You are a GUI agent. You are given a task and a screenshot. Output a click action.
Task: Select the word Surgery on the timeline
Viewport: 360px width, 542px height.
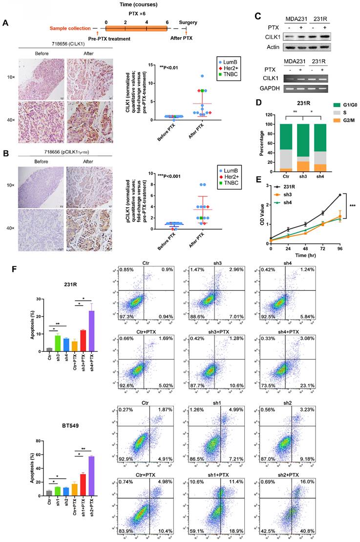point(188,22)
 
